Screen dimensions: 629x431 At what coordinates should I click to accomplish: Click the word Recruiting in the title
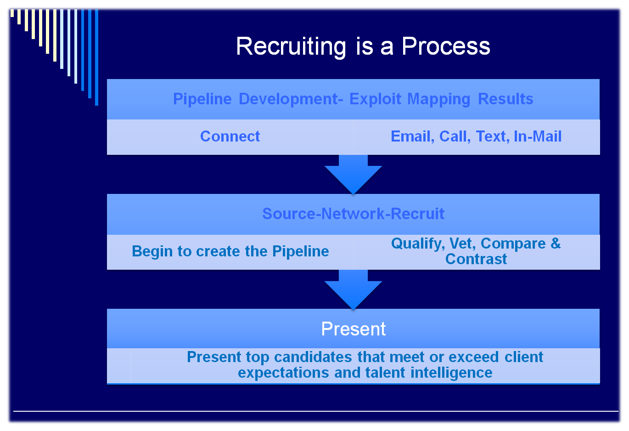point(291,47)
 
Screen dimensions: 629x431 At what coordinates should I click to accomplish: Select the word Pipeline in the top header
point(202,99)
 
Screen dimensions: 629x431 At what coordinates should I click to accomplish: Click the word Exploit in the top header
point(375,99)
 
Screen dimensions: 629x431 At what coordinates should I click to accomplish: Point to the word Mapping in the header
point(438,99)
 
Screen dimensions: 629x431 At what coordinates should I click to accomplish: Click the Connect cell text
point(230,136)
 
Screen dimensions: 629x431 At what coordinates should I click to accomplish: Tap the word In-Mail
point(538,136)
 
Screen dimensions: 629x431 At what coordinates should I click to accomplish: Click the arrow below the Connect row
point(353,174)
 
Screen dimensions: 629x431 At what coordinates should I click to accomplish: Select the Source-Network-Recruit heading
point(353,214)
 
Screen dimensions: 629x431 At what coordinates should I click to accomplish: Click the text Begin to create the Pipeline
point(230,251)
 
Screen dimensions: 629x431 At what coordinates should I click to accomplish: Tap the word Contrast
point(476,259)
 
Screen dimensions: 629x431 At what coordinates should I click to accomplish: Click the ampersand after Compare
point(556,244)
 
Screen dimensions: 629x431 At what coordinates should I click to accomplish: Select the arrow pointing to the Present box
point(353,289)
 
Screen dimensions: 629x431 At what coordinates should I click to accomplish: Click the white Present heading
point(353,329)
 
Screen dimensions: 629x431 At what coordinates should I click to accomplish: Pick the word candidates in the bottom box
point(313,357)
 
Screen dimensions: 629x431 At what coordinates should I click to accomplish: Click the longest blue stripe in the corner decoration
point(96,57)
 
